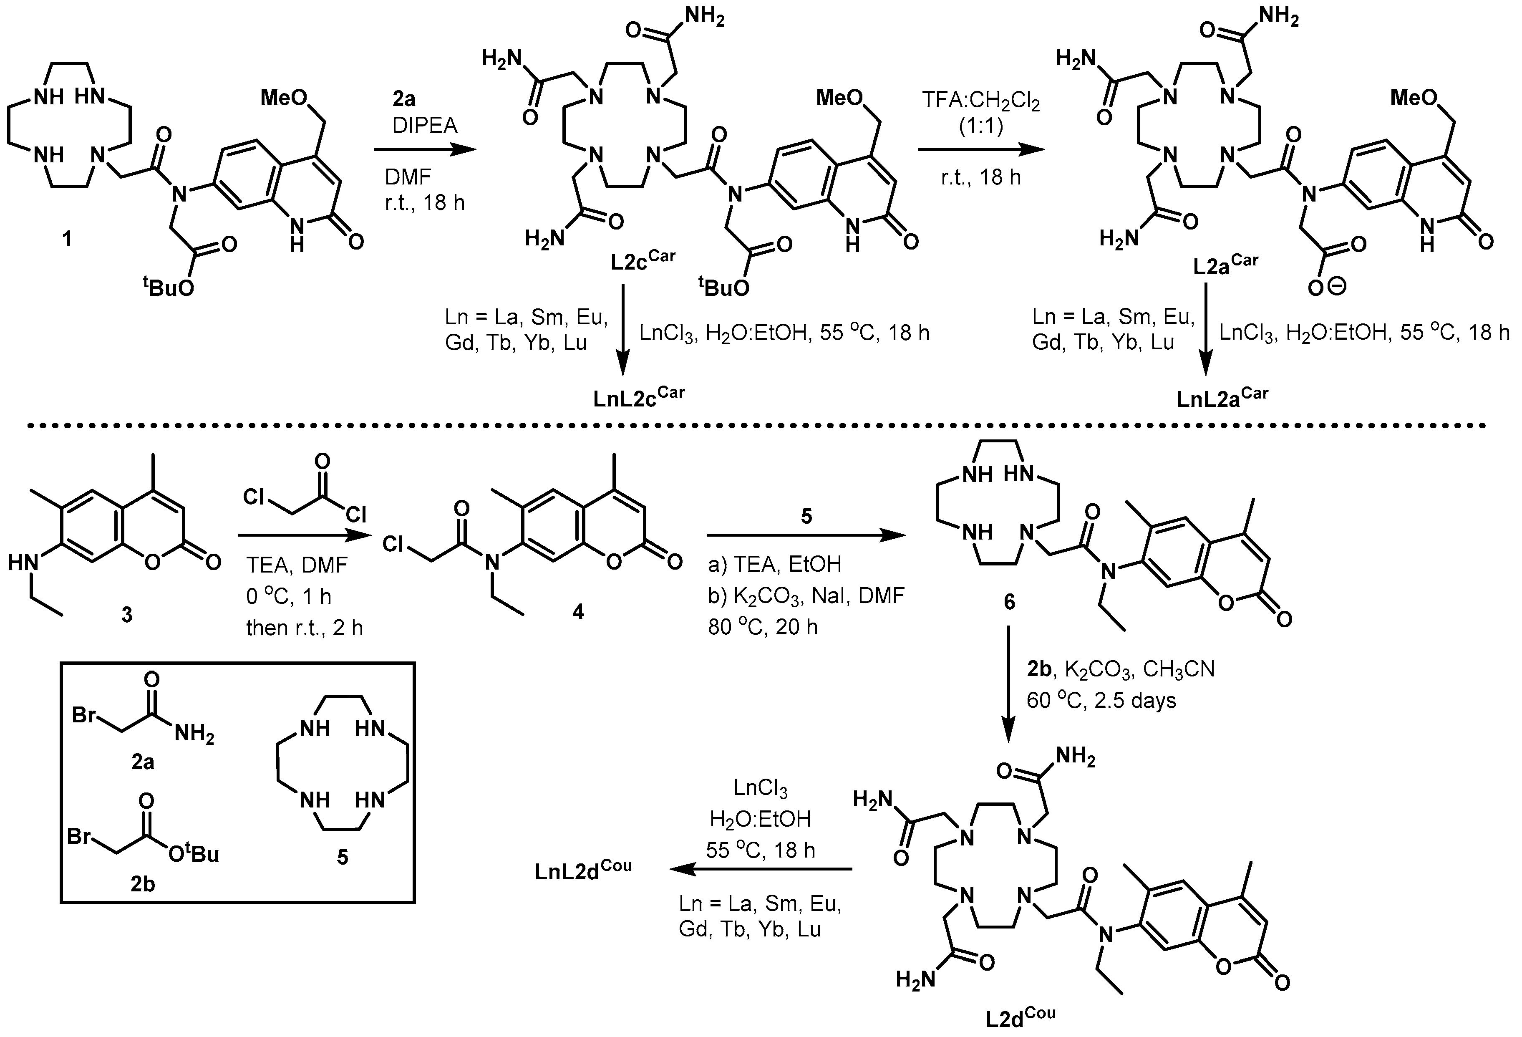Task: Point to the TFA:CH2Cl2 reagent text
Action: coord(980,101)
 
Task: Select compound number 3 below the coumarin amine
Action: coord(126,614)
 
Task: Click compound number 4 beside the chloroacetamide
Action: coord(578,612)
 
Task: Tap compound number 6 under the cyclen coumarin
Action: coord(1009,601)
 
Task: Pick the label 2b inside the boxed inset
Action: coord(143,884)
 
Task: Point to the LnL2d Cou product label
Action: coord(583,870)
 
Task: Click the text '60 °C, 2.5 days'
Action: coord(1101,700)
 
